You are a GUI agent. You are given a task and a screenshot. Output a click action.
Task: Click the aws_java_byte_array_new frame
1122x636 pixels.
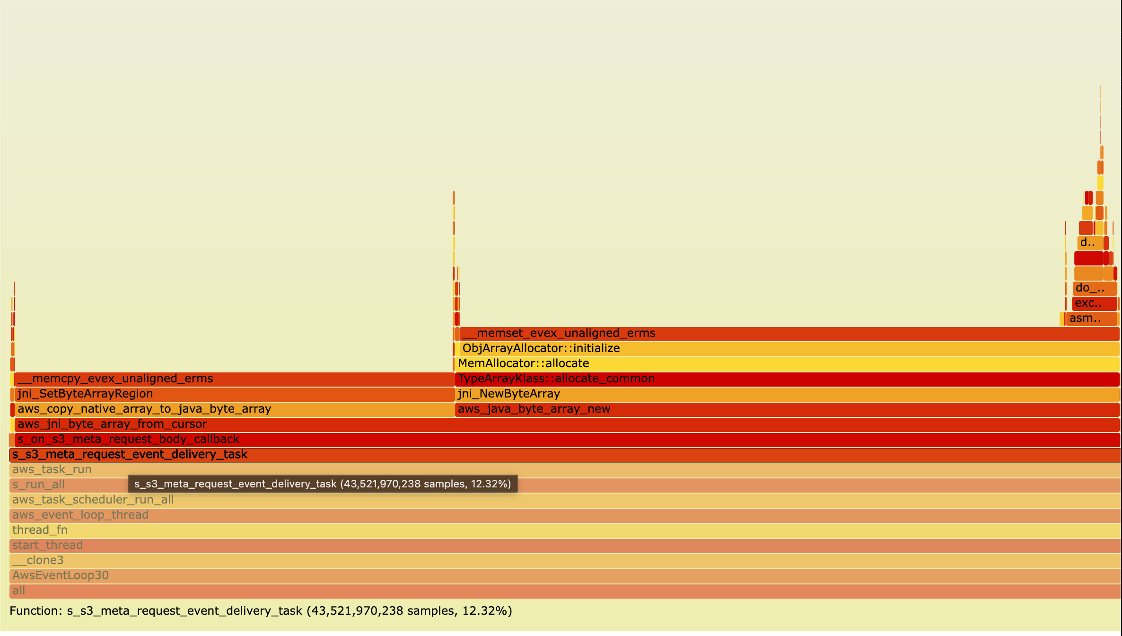(x=785, y=409)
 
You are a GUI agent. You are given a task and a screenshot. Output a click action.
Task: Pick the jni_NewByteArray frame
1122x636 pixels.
(x=785, y=394)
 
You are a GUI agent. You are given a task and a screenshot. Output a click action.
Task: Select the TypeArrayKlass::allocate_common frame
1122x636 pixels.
(x=785, y=379)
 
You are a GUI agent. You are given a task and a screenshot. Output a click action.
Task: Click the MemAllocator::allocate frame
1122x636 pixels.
(x=785, y=364)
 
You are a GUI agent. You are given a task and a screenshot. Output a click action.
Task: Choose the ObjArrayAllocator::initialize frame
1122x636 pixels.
(x=785, y=349)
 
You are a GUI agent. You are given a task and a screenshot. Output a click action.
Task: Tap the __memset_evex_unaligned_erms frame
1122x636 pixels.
(x=785, y=334)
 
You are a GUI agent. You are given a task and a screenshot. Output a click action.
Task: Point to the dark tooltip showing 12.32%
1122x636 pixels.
(x=323, y=484)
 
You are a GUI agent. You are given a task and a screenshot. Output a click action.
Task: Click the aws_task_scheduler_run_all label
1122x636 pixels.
(x=93, y=500)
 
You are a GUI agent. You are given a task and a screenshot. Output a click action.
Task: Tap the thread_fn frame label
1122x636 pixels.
(x=40, y=530)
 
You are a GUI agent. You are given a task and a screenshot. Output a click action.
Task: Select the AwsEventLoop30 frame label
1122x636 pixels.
(x=60, y=575)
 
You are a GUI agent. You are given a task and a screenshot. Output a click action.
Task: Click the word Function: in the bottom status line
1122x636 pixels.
(x=35, y=611)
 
